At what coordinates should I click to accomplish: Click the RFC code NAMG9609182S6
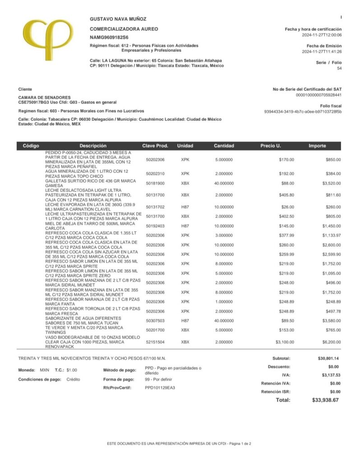pyautogui.click(x=109, y=37)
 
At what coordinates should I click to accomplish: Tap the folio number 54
pyautogui.click(x=339, y=69)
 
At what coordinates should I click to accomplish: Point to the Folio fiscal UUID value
pyautogui.click(x=303, y=111)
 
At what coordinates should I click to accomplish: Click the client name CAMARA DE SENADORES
pyautogui.click(x=44, y=97)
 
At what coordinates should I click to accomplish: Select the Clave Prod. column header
pyautogui.click(x=155, y=146)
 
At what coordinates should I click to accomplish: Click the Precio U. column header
pyautogui.click(x=271, y=146)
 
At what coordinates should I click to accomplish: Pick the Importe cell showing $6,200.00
pyautogui.click(x=331, y=342)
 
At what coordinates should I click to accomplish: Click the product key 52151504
pyautogui.click(x=155, y=342)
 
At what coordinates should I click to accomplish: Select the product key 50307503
pyautogui.click(x=155, y=321)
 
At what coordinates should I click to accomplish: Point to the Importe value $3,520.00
pyautogui.click(x=331, y=183)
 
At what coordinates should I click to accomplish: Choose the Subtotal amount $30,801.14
pyautogui.click(x=328, y=358)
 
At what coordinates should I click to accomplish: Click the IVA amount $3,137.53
pyautogui.click(x=331, y=375)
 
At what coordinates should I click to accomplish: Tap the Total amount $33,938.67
pyautogui.click(x=325, y=400)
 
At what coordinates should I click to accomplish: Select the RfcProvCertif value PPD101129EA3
pyautogui.click(x=160, y=388)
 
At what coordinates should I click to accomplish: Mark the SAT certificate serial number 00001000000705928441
pyautogui.click(x=318, y=95)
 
